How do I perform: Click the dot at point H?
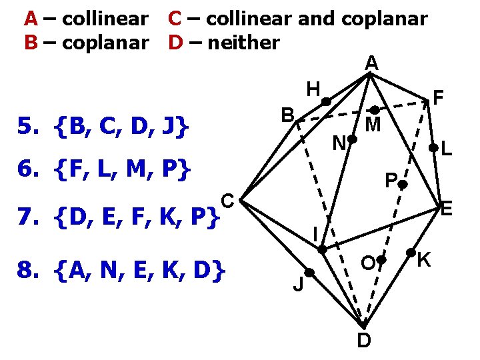click(x=326, y=101)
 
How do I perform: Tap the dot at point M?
click(x=375, y=109)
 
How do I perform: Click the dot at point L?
click(x=433, y=149)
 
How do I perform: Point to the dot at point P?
click(x=403, y=187)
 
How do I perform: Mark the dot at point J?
click(x=309, y=273)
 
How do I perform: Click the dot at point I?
click(x=322, y=249)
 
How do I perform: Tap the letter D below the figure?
click(x=363, y=341)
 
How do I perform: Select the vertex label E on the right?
click(x=447, y=211)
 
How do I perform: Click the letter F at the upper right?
click(x=438, y=98)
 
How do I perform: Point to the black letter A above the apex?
click(x=371, y=63)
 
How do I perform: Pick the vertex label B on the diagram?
click(x=287, y=115)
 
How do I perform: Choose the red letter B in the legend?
click(x=30, y=43)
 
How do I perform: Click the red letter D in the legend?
click(x=175, y=43)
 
